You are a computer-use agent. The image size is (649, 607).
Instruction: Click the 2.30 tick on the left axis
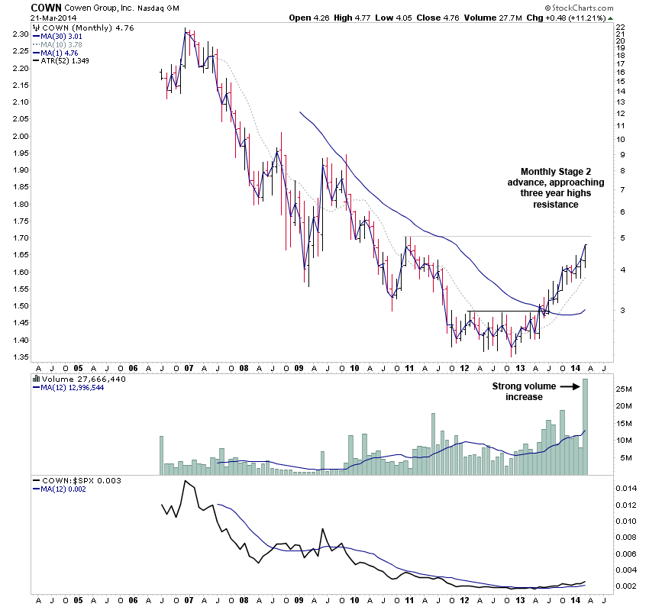coord(20,34)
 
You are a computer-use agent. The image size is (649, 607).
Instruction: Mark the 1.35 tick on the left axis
coord(20,357)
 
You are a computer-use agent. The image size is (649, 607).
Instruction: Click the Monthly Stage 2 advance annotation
coord(555,188)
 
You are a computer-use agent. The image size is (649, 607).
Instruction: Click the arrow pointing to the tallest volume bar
coord(571,386)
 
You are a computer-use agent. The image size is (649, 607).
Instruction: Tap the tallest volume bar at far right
coord(587,427)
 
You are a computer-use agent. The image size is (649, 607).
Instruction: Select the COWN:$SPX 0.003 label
coord(76,479)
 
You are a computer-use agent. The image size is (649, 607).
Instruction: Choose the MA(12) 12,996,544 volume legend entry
coord(73,387)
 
